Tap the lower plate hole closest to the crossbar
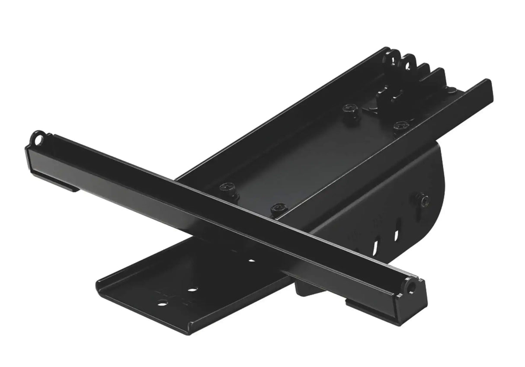pyautogui.click(x=251, y=261)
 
